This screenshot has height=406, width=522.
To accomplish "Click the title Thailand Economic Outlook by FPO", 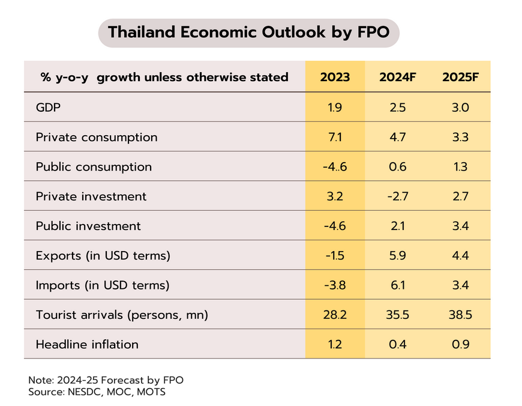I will point(248,32).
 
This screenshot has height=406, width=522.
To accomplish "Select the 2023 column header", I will point(335,77).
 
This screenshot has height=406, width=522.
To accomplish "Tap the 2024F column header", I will point(398,77).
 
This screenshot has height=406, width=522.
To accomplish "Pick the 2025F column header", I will point(460,77).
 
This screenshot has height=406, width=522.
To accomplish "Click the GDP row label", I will point(49,108).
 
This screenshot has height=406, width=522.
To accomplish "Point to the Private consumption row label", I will point(97,137).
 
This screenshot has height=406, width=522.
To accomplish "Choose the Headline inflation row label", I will point(87,344).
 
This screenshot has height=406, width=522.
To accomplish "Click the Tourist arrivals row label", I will point(122,315).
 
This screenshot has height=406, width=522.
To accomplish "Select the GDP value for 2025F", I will point(460,108).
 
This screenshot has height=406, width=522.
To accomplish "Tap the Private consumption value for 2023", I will point(335,137).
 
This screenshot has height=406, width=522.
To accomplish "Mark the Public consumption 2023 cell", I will point(335,167).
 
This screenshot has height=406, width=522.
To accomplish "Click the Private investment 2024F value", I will point(398,196).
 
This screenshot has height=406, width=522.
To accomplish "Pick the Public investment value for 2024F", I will point(398,226).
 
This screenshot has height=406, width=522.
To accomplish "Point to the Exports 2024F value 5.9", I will point(398,255).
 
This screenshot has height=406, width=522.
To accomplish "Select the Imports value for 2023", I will point(335,285).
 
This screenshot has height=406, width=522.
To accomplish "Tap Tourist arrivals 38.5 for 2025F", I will point(460,315).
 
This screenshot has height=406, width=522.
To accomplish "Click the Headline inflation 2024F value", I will point(398,344).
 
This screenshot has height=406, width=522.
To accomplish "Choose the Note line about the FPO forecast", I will point(106,380).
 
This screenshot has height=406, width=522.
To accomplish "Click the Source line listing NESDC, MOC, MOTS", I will point(97,392).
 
